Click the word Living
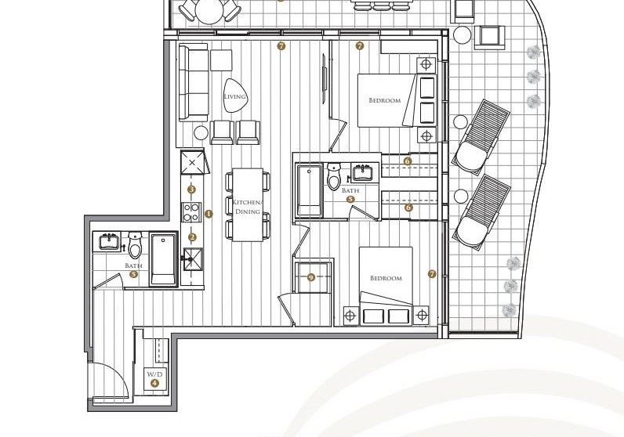(x=234, y=96)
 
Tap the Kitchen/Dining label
(x=248, y=207)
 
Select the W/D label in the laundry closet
(x=154, y=374)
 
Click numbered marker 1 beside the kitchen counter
(x=209, y=214)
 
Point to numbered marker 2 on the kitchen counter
(x=192, y=238)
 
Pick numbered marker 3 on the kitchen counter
(x=192, y=190)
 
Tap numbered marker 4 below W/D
(x=154, y=383)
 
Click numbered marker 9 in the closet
(x=311, y=277)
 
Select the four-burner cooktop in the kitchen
(x=191, y=212)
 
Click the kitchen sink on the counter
(x=193, y=259)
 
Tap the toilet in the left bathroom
(x=135, y=245)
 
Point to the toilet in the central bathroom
(x=333, y=175)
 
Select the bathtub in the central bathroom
(x=309, y=190)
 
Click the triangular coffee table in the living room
(x=235, y=95)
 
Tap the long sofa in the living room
(x=194, y=82)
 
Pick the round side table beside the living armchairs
(x=201, y=133)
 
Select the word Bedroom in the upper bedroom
(x=384, y=100)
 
